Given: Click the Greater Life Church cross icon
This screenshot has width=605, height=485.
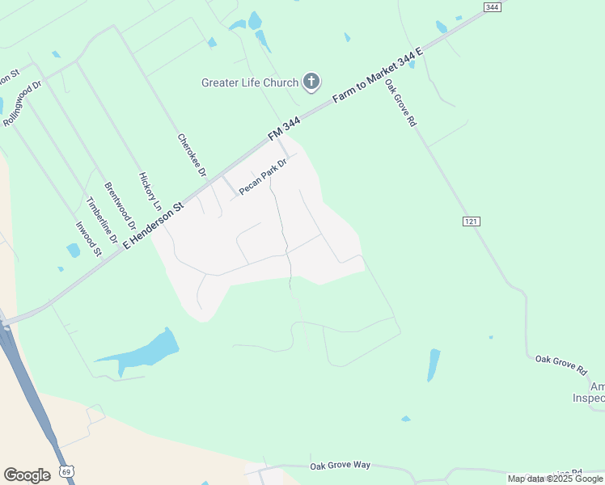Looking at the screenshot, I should click(311, 82).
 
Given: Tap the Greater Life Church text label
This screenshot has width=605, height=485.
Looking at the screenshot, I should click(250, 82).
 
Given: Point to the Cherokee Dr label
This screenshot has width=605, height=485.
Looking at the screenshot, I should click(192, 156).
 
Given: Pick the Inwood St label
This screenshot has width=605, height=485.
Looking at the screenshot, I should click(88, 239).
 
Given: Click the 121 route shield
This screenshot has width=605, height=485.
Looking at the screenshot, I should click(472, 221).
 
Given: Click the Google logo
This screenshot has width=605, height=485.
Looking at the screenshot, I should click(27, 474).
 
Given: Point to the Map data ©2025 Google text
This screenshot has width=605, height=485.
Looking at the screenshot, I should click(556, 479).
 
